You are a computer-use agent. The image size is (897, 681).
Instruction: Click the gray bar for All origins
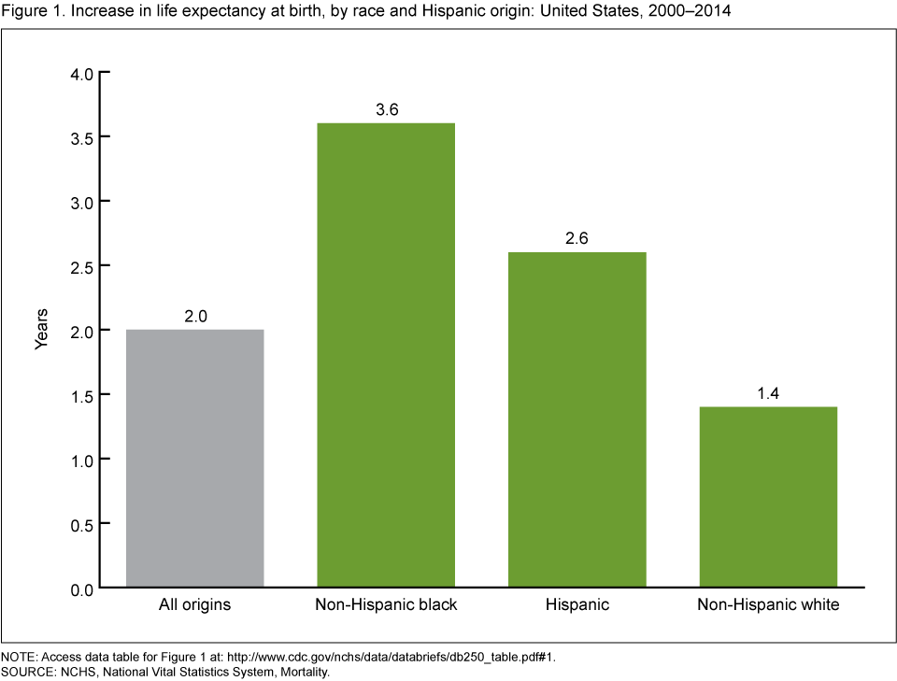[194, 458]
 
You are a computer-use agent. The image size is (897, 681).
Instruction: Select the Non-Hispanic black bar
[386, 355]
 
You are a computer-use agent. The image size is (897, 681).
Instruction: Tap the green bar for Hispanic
[577, 419]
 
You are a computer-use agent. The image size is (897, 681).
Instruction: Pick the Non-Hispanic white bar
[768, 497]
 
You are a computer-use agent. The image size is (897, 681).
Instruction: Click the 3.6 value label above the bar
[386, 109]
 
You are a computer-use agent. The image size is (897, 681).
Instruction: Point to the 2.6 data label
[577, 238]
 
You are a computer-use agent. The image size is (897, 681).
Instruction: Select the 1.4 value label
[768, 393]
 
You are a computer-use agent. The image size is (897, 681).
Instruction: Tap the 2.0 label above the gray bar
[194, 316]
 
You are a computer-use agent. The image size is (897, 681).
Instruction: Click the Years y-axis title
[41, 329]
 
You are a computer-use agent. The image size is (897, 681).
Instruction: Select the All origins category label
[194, 605]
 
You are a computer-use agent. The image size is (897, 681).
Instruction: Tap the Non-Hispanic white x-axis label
[768, 605]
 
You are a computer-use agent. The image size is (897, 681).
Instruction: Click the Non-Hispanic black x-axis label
[386, 605]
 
